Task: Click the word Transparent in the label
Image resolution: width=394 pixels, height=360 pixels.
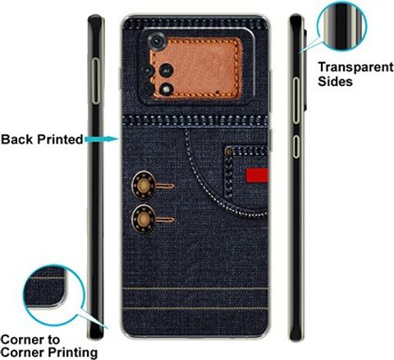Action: [355, 67]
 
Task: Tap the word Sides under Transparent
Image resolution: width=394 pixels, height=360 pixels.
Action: [335, 81]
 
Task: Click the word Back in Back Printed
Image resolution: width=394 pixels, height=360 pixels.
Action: [17, 139]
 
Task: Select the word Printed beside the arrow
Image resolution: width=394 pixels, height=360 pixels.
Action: [60, 139]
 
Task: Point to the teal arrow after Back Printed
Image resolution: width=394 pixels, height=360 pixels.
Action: [102, 139]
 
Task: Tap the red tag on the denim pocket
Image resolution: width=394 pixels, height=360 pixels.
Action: [257, 175]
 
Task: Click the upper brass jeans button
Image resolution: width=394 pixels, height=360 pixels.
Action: [144, 186]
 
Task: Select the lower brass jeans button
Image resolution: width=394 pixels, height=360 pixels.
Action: [143, 219]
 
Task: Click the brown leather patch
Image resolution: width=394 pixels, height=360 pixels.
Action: [196, 68]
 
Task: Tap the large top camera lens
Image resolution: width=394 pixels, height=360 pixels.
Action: [157, 42]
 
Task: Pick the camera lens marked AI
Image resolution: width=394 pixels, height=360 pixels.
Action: [166, 71]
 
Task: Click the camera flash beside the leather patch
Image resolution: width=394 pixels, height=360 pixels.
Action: [166, 89]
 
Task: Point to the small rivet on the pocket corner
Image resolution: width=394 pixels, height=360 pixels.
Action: [229, 151]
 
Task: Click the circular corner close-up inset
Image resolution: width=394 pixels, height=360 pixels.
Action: [54, 295]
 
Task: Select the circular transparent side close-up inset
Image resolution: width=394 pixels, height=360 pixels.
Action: [342, 26]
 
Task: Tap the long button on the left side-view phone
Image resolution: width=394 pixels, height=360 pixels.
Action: [95, 81]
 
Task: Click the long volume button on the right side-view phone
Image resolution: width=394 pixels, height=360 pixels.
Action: [295, 101]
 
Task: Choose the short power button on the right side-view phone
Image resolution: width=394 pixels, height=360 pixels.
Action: [296, 147]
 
